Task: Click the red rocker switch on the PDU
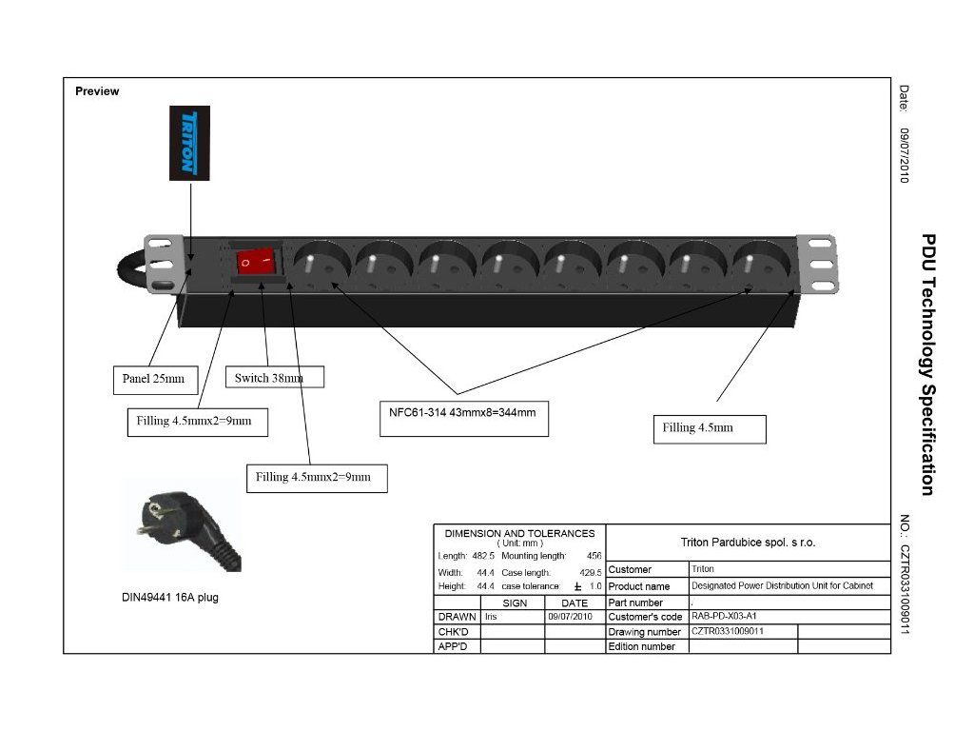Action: [255, 261]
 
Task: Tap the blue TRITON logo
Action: [189, 143]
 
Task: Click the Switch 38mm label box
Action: [273, 377]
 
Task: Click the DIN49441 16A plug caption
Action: [170, 598]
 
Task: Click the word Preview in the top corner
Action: [97, 91]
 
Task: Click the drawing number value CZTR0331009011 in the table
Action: [728, 631]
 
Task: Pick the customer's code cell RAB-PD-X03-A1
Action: [724, 616]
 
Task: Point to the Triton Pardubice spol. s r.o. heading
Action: [748, 543]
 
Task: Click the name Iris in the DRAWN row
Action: [491, 617]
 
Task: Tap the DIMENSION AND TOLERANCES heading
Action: [519, 534]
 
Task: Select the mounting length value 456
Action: [594, 555]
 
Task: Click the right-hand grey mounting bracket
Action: [819, 264]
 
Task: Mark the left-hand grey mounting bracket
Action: [161, 263]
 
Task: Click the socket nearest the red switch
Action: [319, 263]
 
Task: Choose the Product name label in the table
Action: [639, 586]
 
